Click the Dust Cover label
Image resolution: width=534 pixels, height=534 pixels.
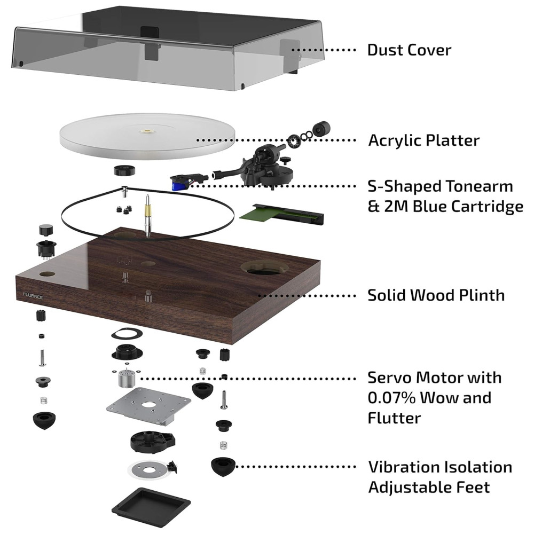pos(409,50)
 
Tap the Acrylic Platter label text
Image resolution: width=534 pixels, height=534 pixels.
pos(423,140)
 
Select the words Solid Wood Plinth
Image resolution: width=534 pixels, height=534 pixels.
pos(436,295)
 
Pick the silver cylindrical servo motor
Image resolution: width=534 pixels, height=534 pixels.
pos(125,380)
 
